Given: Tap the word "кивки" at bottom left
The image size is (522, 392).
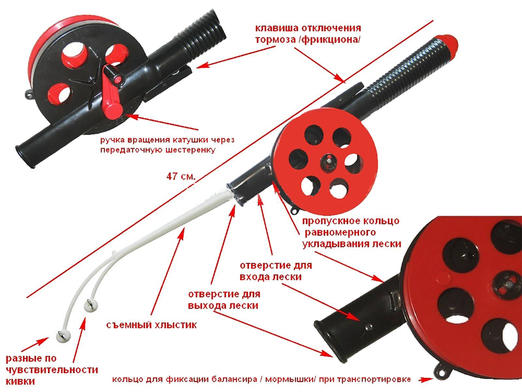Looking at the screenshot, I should pyautogui.click(x=20, y=382).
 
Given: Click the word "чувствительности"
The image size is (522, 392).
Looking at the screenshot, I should pyautogui.click(x=39, y=370).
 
